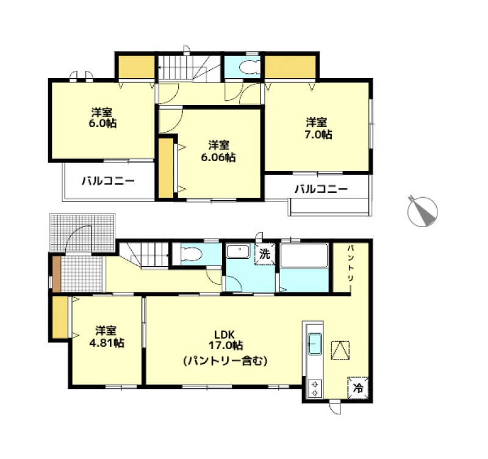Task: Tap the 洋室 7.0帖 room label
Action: click(x=318, y=128)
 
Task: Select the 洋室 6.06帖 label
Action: click(x=218, y=151)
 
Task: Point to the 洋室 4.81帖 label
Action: click(x=106, y=336)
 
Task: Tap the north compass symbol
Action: click(x=422, y=211)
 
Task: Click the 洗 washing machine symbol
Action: click(x=265, y=254)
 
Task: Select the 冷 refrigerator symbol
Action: click(x=358, y=388)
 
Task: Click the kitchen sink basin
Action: click(x=315, y=344)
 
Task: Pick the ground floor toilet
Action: click(x=190, y=254)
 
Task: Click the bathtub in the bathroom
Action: click(x=304, y=255)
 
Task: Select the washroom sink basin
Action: click(x=238, y=251)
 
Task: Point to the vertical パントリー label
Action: click(x=351, y=264)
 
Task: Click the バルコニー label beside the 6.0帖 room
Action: click(x=108, y=181)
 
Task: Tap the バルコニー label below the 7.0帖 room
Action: click(x=321, y=189)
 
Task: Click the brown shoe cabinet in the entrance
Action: click(x=56, y=273)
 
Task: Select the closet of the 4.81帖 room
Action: click(x=60, y=317)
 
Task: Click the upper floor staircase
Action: click(x=189, y=68)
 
